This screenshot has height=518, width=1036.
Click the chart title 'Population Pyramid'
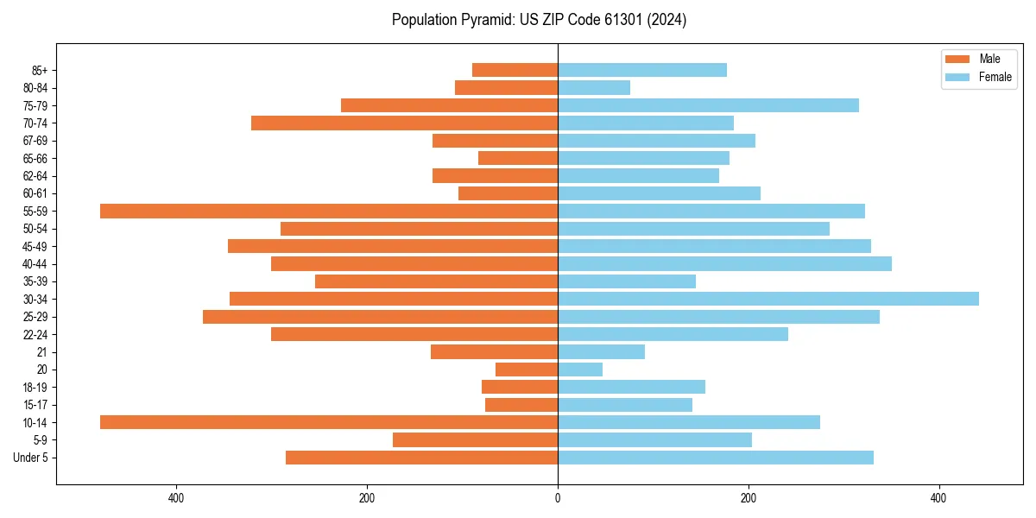point(539,20)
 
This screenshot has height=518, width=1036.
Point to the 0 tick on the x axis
point(558,498)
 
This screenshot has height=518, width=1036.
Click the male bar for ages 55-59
point(329,211)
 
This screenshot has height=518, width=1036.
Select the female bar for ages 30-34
point(768,299)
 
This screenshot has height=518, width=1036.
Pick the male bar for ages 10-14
point(329,422)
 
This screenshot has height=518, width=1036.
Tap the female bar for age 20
point(580,370)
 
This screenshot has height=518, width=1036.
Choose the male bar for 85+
point(515,70)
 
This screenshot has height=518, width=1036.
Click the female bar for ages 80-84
point(594,87)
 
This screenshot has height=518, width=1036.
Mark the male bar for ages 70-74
point(404,123)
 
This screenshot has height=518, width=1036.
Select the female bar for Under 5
point(716,458)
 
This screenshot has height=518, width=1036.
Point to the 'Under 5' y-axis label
point(30,458)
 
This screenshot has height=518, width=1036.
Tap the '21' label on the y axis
point(41,352)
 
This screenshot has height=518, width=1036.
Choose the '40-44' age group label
point(35,264)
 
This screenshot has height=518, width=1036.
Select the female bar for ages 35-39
point(627,281)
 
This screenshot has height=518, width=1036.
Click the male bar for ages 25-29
point(380,317)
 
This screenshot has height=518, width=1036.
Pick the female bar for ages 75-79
point(708,105)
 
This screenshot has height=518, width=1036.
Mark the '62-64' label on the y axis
point(35,176)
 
